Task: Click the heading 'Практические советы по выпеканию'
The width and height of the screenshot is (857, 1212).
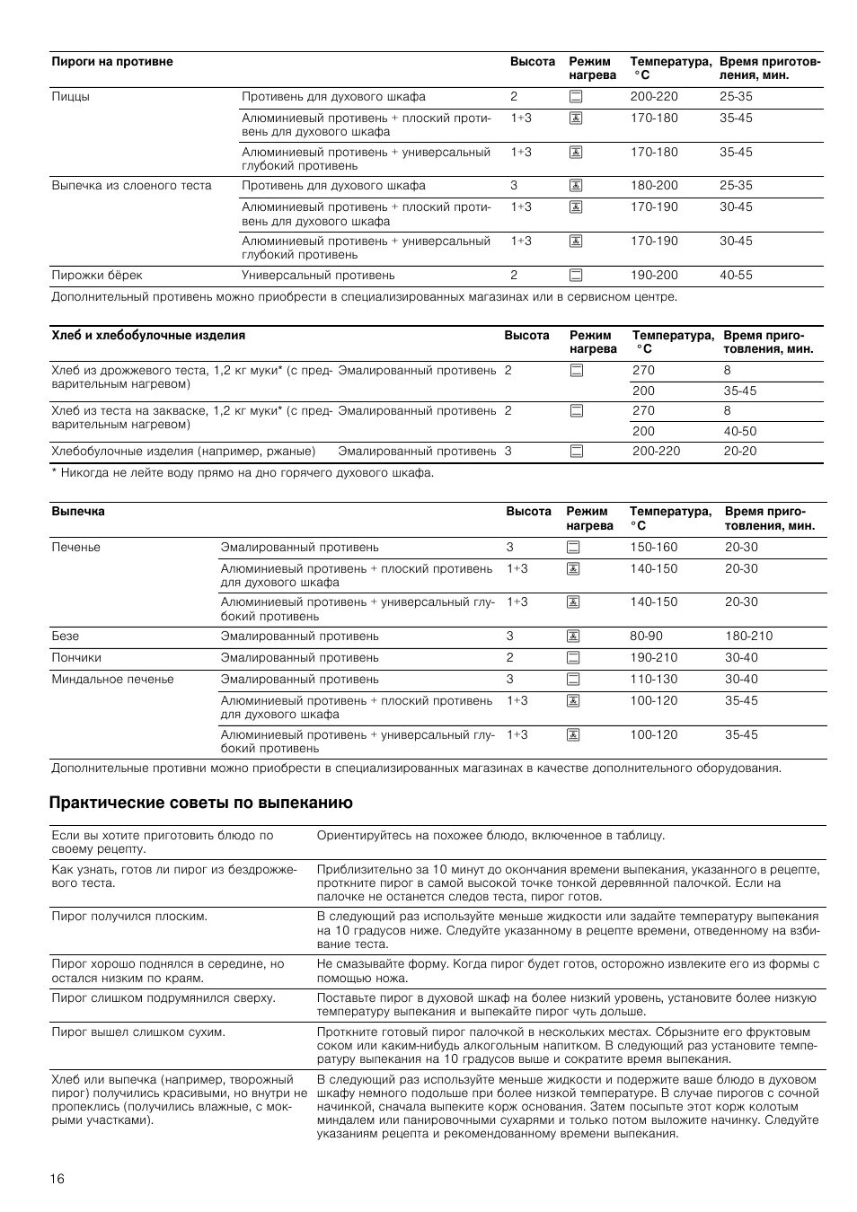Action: click(x=201, y=803)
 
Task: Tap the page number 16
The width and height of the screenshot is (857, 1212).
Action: click(x=57, y=1179)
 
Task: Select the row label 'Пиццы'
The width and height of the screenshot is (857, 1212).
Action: click(x=71, y=97)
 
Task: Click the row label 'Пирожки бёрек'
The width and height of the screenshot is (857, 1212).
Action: click(x=97, y=276)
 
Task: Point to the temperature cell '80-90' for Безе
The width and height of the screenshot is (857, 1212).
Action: click(x=646, y=637)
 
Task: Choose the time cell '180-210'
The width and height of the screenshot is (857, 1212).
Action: click(x=748, y=637)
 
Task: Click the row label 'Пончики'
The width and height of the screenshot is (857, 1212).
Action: click(x=76, y=658)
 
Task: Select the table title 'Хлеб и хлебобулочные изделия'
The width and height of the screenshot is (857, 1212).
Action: click(x=148, y=336)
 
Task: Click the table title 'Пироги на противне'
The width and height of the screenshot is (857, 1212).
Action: click(x=112, y=62)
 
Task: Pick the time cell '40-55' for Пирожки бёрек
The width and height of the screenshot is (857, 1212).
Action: click(x=736, y=276)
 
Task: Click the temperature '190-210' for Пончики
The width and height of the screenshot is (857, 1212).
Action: click(x=653, y=658)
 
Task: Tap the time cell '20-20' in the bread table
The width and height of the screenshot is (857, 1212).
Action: click(x=740, y=452)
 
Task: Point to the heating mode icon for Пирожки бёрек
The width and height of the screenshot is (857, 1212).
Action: click(x=575, y=276)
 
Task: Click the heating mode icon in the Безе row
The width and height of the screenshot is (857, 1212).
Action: click(x=573, y=637)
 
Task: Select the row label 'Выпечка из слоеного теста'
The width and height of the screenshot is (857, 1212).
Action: click(x=132, y=186)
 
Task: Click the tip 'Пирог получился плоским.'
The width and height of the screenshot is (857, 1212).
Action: click(x=129, y=917)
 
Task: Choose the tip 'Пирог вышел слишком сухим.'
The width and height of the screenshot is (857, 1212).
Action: click(x=138, y=1032)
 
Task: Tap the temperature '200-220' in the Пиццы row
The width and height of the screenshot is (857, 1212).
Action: click(x=654, y=97)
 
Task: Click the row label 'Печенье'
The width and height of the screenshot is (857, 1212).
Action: click(x=76, y=548)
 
